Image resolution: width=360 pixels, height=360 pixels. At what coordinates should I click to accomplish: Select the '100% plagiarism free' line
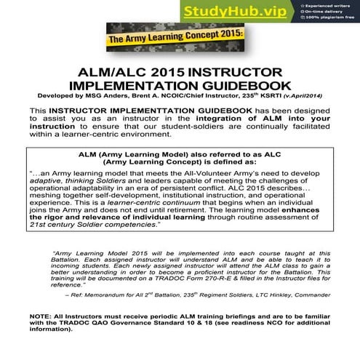coord(328,20)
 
